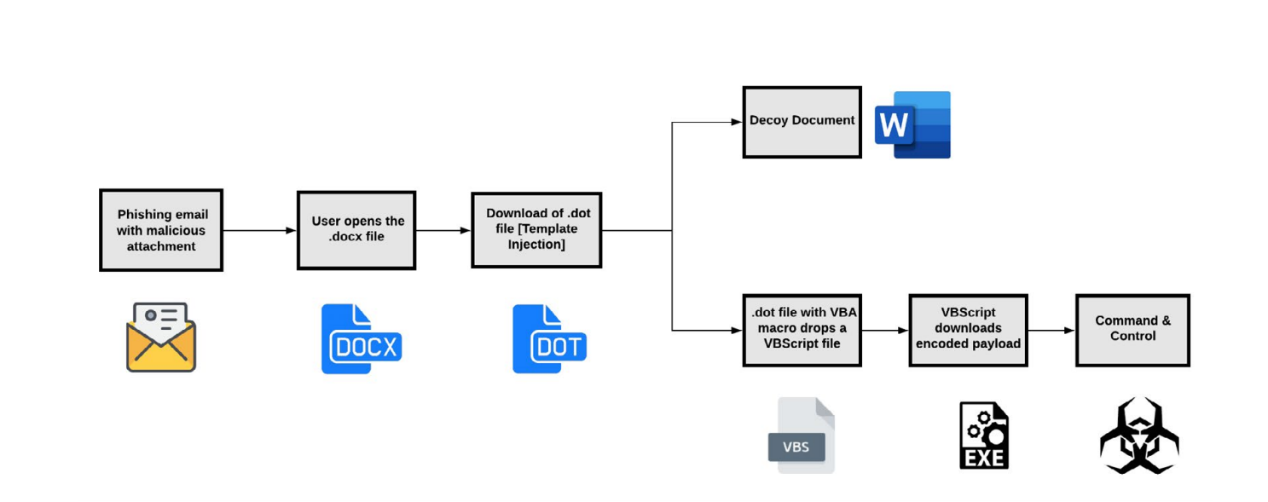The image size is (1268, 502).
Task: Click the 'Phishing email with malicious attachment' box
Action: pyautogui.click(x=161, y=230)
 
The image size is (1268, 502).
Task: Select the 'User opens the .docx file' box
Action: pyautogui.click(x=356, y=230)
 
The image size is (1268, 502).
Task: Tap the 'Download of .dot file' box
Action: pyautogui.click(x=536, y=229)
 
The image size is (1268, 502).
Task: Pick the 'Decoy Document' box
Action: pyautogui.click(x=802, y=122)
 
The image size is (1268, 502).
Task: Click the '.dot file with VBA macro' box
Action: pyautogui.click(x=802, y=330)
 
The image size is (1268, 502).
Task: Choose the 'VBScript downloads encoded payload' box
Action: pyautogui.click(x=968, y=330)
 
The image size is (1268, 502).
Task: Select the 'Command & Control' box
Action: pyautogui.click(x=1132, y=330)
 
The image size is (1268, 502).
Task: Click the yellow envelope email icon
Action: pyautogui.click(x=161, y=338)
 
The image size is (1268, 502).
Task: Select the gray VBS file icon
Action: pyautogui.click(x=801, y=435)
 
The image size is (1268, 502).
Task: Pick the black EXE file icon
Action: pyautogui.click(x=984, y=436)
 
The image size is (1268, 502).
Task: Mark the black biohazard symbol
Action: pyautogui.click(x=1139, y=436)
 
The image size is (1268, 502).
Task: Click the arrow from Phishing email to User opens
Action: pyautogui.click(x=259, y=230)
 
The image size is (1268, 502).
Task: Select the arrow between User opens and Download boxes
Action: pyautogui.click(x=443, y=230)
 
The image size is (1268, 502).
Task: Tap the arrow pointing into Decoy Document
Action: pyautogui.click(x=708, y=122)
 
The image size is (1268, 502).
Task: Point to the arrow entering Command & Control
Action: pyautogui.click(x=1051, y=330)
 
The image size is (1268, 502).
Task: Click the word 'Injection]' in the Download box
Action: pyautogui.click(x=536, y=245)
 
